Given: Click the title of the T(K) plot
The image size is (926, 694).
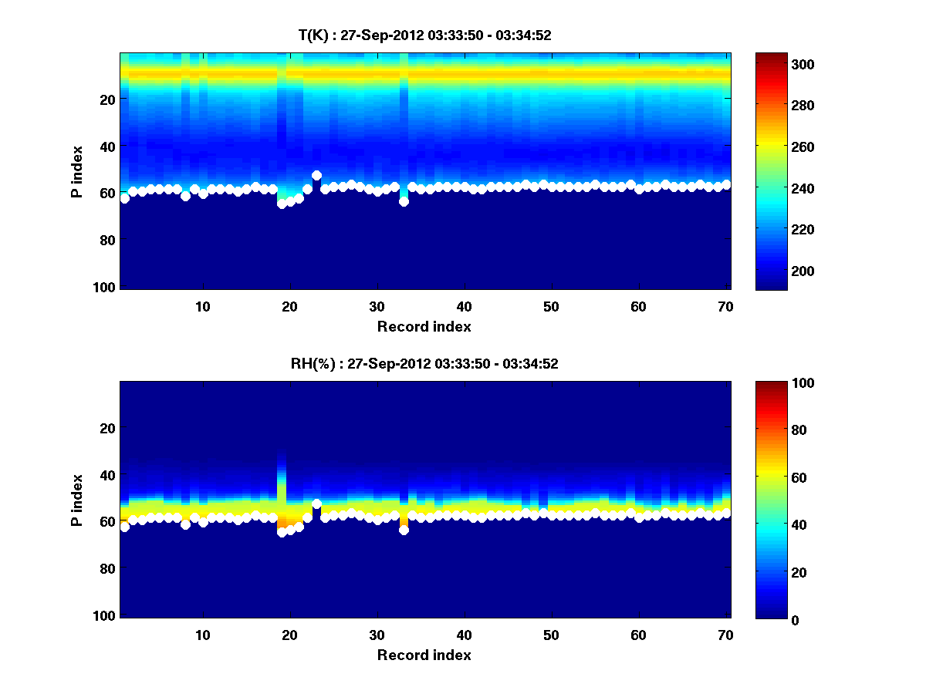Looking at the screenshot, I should click(x=424, y=35).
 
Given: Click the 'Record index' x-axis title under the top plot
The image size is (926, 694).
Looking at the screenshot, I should click(x=424, y=326).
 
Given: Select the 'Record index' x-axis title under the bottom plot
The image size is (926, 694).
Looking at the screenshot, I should click(x=424, y=655).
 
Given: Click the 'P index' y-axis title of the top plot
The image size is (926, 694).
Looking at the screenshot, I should click(x=77, y=171).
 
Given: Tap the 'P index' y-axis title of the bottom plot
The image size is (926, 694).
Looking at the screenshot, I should click(x=77, y=500).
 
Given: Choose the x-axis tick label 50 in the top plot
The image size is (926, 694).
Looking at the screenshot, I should click(x=551, y=307).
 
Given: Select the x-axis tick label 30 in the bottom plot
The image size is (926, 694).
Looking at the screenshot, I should click(x=377, y=635).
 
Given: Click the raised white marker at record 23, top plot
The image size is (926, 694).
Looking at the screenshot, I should click(x=316, y=176).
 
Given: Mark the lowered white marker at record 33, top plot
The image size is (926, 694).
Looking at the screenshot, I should click(x=404, y=202).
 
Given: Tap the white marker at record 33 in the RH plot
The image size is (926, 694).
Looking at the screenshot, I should click(x=404, y=530).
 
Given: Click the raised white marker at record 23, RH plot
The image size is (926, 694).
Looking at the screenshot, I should click(x=316, y=504).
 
